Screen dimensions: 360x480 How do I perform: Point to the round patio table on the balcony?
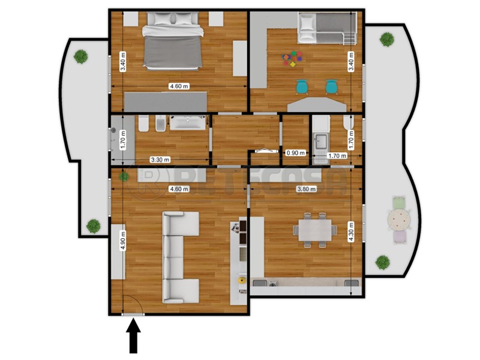(398, 220)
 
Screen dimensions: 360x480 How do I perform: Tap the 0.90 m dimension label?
(295, 153)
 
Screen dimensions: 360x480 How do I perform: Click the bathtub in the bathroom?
(188, 123)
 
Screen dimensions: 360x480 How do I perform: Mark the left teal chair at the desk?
(302, 87)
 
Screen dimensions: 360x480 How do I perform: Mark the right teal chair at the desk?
(331, 87)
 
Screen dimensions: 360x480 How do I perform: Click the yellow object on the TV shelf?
(242, 280)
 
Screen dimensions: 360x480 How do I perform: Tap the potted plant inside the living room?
(123, 176)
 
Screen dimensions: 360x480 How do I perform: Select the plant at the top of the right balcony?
(387, 39)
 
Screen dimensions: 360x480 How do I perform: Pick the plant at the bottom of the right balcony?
(382, 262)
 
